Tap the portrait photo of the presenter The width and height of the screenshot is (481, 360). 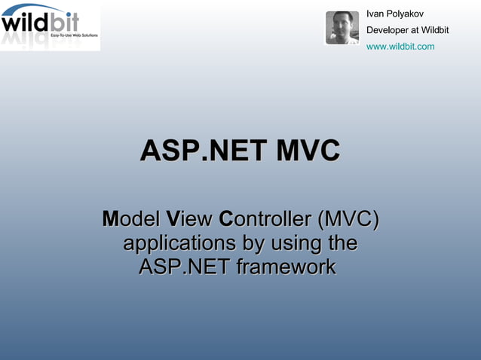pyautogui.click(x=342, y=28)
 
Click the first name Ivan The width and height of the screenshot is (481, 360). pyautogui.click(x=375, y=14)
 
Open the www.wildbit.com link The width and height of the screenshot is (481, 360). pyautogui.click(x=400, y=47)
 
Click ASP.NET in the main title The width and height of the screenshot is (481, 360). pyautogui.click(x=203, y=151)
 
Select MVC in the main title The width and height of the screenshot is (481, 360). pyautogui.click(x=307, y=151)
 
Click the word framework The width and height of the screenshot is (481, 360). pyautogui.click(x=286, y=267)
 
